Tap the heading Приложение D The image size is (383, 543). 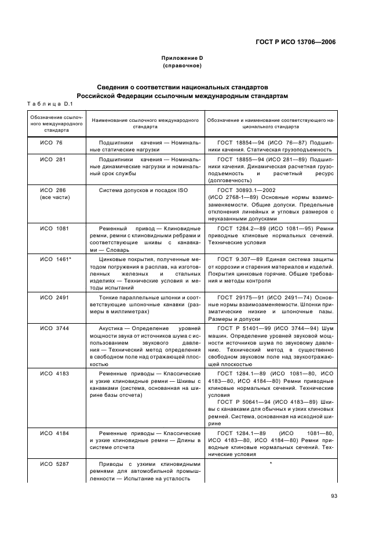click(182, 58)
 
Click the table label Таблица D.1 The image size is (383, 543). click(49, 103)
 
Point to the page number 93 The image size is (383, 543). click(334, 495)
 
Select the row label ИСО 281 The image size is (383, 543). click(52, 158)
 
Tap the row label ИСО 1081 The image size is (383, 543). click(54, 228)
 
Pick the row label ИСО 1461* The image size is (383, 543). click(55, 259)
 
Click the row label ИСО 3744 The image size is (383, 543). click(54, 328)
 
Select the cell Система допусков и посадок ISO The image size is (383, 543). click(143, 190)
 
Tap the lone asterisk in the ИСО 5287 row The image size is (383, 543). click(271, 464)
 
